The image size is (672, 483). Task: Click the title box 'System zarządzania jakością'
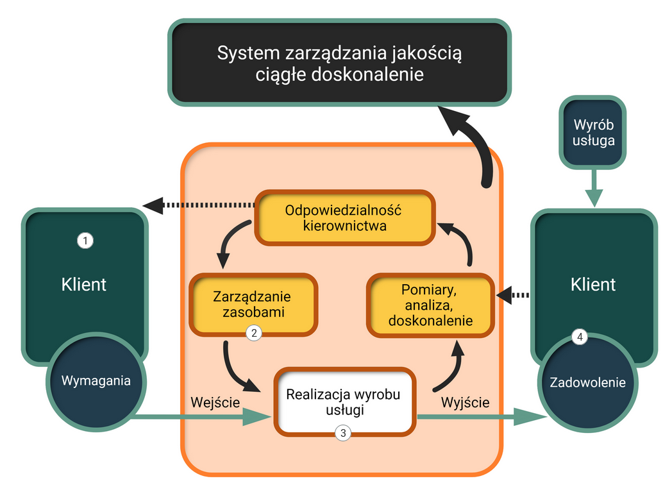point(339,63)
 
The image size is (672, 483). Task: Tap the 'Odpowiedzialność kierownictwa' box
point(344,217)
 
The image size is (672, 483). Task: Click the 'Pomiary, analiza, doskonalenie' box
point(430,305)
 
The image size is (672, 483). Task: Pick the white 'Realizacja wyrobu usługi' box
point(343,401)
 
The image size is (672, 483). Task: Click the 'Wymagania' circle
point(96,380)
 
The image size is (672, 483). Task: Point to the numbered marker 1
point(85,241)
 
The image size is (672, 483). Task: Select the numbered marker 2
point(254,333)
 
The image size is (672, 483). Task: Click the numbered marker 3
point(343,433)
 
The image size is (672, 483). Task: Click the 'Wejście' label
point(215,402)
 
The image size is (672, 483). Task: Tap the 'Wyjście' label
point(466,402)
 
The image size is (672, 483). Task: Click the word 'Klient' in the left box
point(84,284)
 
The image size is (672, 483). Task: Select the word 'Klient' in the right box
point(592,284)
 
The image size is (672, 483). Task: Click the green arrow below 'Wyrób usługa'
point(594,187)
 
